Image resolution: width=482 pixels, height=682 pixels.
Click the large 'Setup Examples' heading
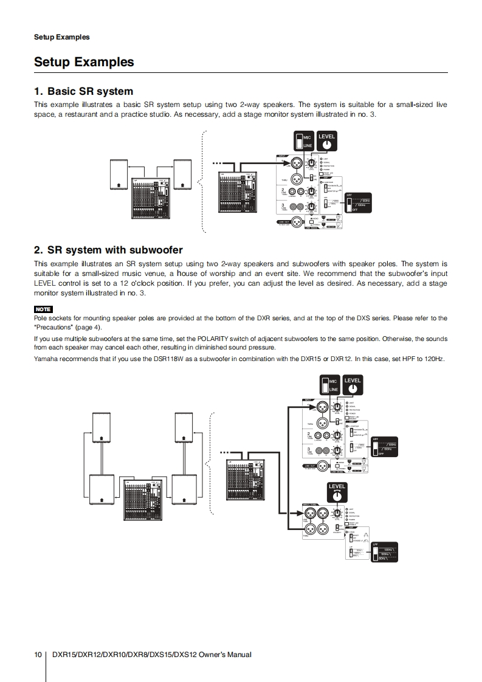[84, 62]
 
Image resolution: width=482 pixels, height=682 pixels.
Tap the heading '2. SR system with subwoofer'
[108, 250]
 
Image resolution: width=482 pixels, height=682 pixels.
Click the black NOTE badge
[43, 309]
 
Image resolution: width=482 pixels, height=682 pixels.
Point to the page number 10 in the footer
[38, 655]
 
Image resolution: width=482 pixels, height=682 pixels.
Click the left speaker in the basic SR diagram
[119, 175]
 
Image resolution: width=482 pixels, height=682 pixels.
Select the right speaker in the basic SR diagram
[182, 175]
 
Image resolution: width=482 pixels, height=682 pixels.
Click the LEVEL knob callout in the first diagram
[326, 142]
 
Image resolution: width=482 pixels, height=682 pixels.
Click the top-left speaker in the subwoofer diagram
[102, 428]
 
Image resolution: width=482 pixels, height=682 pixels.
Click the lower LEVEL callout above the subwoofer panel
[337, 493]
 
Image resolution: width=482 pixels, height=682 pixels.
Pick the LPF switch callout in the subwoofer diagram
[384, 553]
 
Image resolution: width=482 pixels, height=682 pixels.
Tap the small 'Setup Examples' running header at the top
[61, 37]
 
